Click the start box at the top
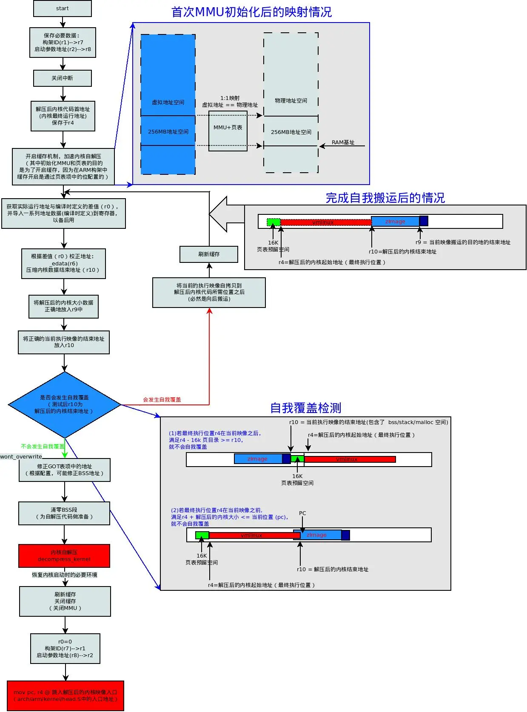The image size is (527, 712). coord(63,9)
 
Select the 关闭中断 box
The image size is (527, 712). coord(63,78)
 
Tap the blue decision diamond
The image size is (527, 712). coord(65,404)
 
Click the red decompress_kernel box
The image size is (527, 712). coord(64,556)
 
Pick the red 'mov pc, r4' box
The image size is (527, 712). coord(66,695)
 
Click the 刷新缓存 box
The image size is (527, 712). coord(209,254)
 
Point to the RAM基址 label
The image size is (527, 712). coord(343,142)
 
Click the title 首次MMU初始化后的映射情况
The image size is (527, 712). coord(251,12)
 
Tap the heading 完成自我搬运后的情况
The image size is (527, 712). coord(385,198)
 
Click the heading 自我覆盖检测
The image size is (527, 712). coord(306,408)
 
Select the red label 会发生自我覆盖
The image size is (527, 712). coord(162,400)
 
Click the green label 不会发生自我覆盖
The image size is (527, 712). coord(43,447)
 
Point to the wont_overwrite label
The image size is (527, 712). coord(21,457)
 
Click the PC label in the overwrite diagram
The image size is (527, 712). coord(302,513)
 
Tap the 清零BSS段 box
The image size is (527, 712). coord(64,513)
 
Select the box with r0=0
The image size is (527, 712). coord(65,649)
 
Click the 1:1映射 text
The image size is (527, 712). coord(230,98)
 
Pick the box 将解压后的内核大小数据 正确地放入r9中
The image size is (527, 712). coord(64,306)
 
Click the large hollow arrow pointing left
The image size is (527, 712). coord(225,214)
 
